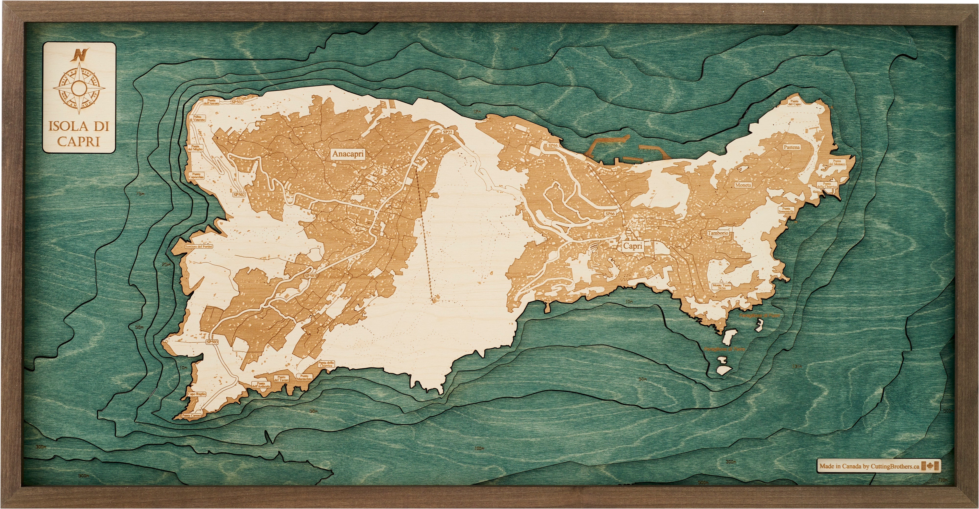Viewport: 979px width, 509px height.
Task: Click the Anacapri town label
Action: (x=348, y=154)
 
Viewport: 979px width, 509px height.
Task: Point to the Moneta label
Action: (x=743, y=185)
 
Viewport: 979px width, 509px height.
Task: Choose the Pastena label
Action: (x=792, y=147)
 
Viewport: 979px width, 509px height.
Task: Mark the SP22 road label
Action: (x=448, y=132)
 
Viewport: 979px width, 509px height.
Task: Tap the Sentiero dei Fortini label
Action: (x=199, y=247)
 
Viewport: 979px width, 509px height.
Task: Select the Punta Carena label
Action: (x=191, y=416)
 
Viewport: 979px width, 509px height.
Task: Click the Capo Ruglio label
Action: (x=197, y=394)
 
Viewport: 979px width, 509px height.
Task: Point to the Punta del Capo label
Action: (x=794, y=103)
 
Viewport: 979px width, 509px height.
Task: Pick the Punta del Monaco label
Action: (x=837, y=162)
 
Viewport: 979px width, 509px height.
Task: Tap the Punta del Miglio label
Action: (x=196, y=148)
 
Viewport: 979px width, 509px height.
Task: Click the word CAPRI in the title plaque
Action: (x=79, y=141)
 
